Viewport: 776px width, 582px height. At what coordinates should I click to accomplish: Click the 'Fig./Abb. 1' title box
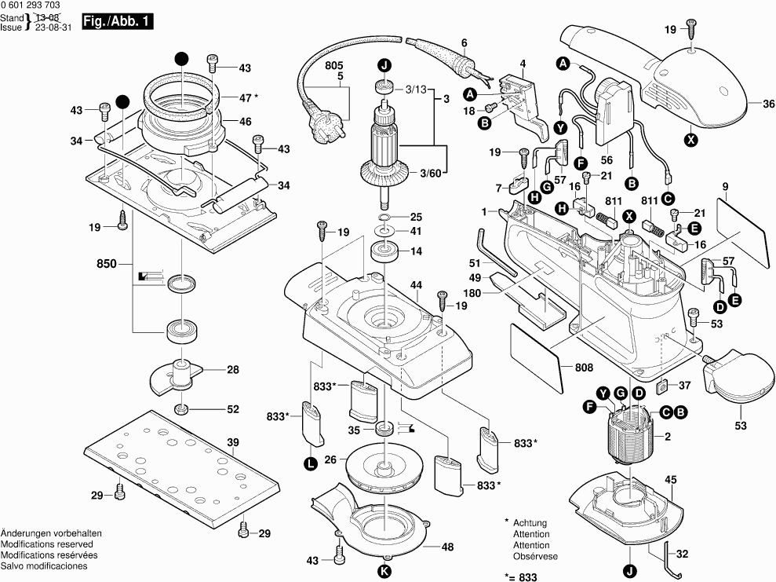point(117,23)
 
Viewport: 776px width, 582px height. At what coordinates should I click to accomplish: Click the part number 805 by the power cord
point(334,64)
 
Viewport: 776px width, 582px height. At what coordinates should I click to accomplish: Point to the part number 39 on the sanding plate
point(233,443)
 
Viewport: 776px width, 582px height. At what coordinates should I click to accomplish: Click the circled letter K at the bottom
point(384,570)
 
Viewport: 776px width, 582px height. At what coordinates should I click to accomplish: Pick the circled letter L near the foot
point(311,463)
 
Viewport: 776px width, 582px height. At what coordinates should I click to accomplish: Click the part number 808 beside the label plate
point(583,368)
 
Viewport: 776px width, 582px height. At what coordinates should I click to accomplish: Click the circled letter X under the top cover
point(690,140)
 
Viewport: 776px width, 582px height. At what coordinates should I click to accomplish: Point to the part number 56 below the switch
point(607,157)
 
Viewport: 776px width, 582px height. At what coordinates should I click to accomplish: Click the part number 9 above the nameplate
point(726,186)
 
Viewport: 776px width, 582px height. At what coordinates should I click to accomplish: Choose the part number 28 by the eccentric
point(233,370)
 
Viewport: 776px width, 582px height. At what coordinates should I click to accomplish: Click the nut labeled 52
point(181,408)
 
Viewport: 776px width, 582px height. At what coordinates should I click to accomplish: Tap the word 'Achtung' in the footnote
point(530,523)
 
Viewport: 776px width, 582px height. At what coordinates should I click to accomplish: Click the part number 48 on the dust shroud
point(447,547)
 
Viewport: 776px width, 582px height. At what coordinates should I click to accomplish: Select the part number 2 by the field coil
point(667,437)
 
